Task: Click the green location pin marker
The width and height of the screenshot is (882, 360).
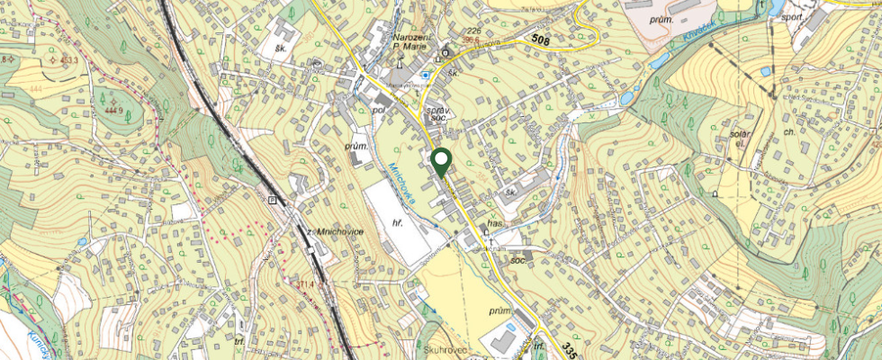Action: click(441, 162)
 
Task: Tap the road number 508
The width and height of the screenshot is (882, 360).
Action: click(540, 39)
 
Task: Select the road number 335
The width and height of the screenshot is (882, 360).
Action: click(566, 348)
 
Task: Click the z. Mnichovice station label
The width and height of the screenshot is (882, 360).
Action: click(335, 232)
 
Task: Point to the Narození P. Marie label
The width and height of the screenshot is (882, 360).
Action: click(415, 42)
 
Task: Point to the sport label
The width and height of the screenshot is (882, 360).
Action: click(791, 15)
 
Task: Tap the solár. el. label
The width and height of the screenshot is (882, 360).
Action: click(739, 139)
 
